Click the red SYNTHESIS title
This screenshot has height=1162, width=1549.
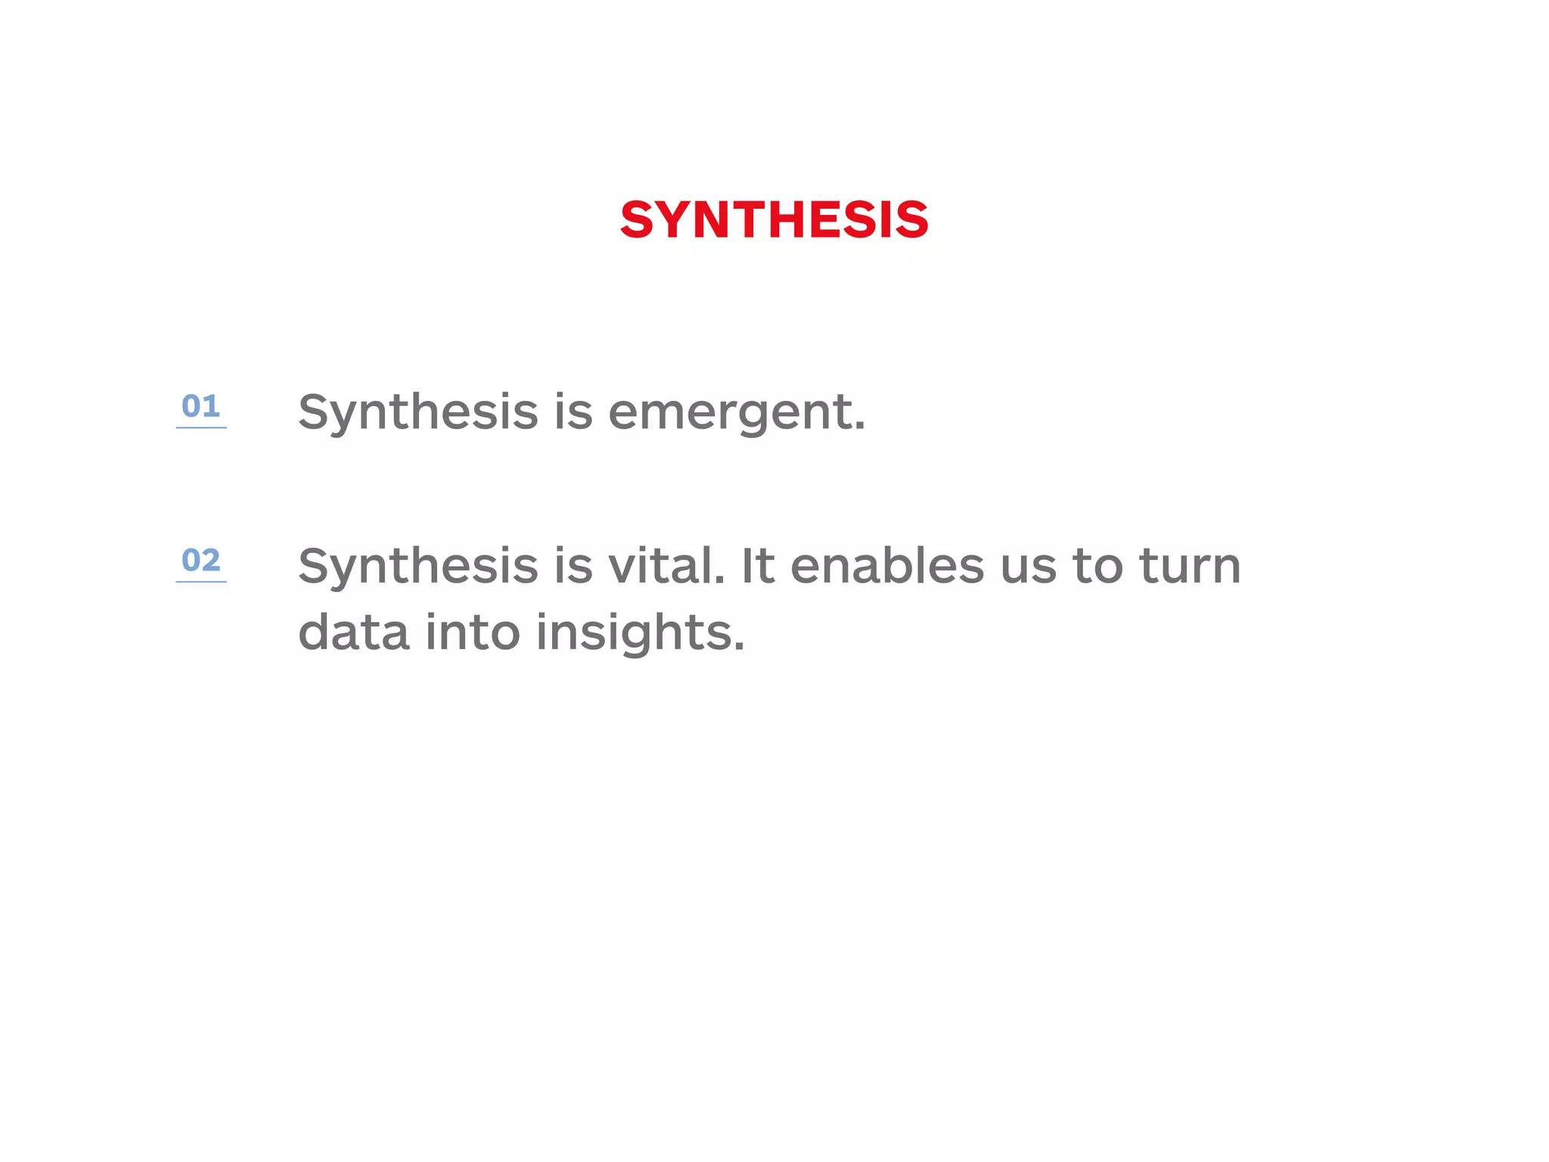point(774,220)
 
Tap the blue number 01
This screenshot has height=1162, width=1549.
point(200,406)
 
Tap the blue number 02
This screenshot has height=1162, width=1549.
point(200,561)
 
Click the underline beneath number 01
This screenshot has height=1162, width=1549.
point(201,428)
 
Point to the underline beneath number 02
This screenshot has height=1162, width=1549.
point(201,582)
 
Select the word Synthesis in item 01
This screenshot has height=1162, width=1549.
point(418,413)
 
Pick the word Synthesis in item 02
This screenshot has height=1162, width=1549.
point(418,567)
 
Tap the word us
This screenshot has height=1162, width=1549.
point(1028,567)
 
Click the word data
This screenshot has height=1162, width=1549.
point(354,632)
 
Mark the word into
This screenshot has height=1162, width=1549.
point(473,632)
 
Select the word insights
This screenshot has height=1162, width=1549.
point(640,633)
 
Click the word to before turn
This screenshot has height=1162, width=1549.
point(1097,567)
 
